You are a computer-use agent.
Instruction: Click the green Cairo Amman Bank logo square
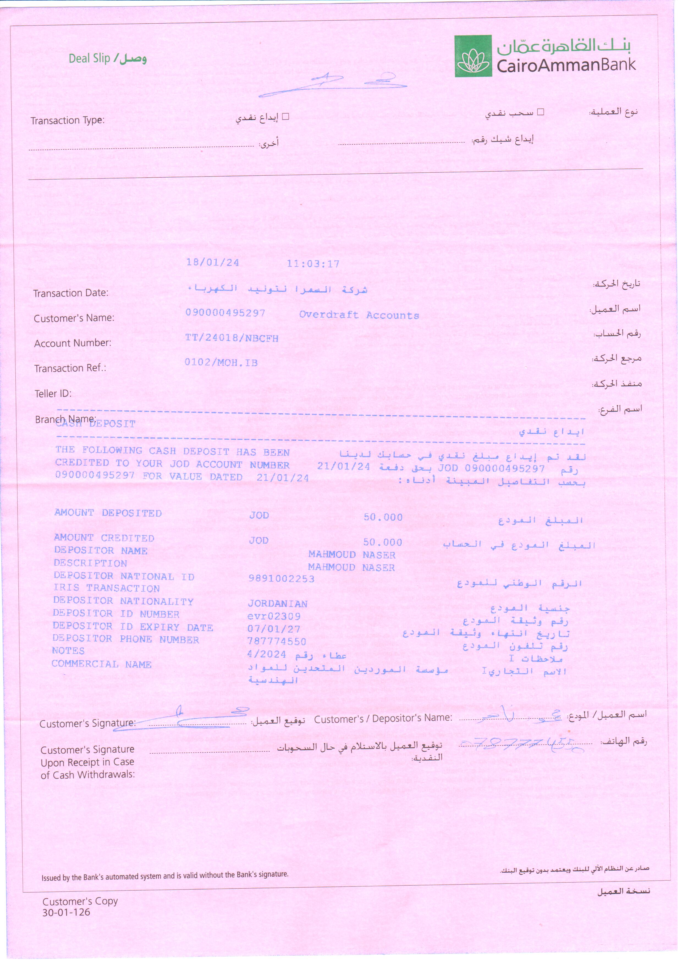click(473, 56)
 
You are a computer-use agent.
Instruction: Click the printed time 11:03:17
click(313, 264)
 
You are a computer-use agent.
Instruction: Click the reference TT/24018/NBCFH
click(232, 338)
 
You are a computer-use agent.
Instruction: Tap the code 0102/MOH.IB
click(221, 362)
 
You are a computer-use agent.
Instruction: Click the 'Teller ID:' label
click(53, 393)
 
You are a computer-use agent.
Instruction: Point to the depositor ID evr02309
click(274, 616)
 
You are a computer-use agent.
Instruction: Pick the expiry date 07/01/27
click(274, 629)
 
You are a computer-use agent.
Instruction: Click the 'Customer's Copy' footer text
click(80, 901)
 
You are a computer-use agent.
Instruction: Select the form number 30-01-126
click(66, 912)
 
